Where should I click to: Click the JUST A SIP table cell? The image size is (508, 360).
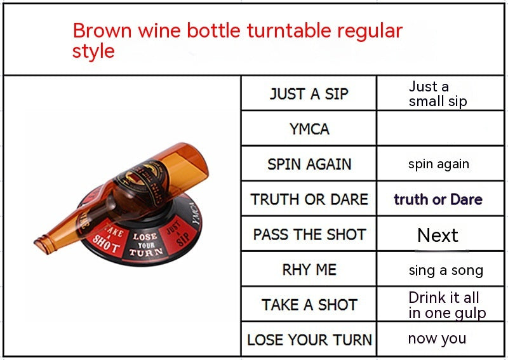pos(309,94)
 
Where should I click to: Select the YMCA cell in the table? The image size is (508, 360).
pos(309,129)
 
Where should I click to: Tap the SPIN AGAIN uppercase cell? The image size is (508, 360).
pos(309,164)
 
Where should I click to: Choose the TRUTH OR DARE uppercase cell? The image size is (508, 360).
pos(309,199)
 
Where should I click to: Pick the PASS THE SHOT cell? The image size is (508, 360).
pos(309,234)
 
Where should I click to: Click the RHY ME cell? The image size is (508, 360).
pos(309,269)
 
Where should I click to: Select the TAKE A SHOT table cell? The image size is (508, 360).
pos(309,305)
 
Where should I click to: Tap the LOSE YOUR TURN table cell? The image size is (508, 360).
pos(309,340)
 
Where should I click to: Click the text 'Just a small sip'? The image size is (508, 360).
pos(438,94)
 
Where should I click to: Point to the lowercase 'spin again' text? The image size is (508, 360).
pos(438,164)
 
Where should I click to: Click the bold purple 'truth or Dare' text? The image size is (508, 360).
pos(438,199)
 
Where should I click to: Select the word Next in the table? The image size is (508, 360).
pos(438,236)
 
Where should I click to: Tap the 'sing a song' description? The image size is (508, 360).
pos(445,270)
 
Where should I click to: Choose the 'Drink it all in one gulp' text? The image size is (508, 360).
pos(446,305)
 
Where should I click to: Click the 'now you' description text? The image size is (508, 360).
pos(437,339)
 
